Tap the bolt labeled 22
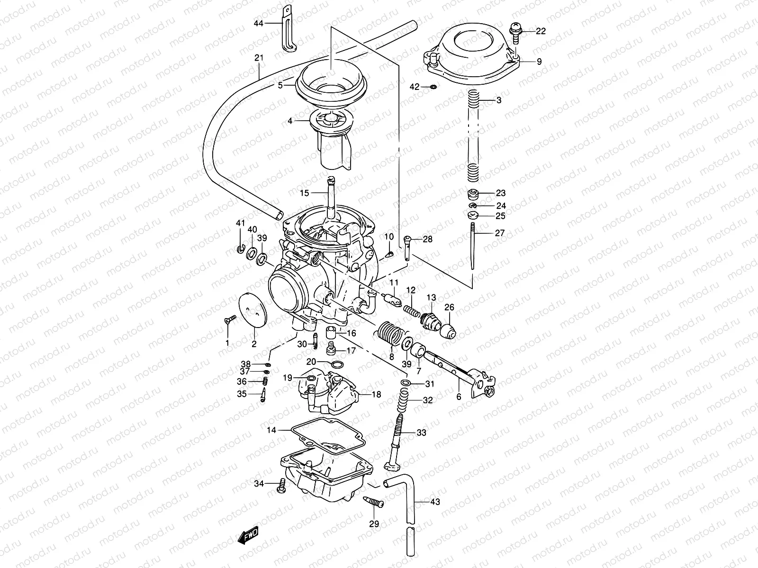click(x=515, y=31)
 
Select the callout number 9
click(x=539, y=61)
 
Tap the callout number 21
click(x=259, y=58)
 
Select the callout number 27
click(x=500, y=233)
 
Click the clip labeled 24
click(x=472, y=206)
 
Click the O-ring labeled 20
click(x=337, y=364)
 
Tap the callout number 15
click(x=304, y=193)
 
